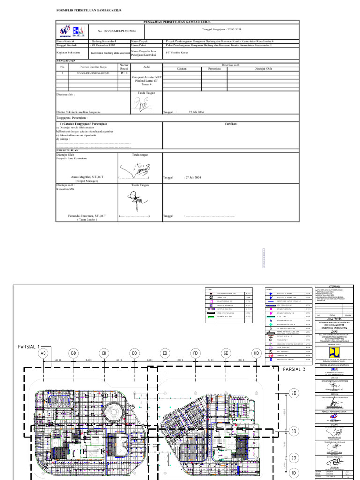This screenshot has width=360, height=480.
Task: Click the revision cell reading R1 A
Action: tap(124, 74)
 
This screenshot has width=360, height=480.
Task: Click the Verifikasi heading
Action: tap(231, 123)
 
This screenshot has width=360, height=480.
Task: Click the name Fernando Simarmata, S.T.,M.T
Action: tap(87, 216)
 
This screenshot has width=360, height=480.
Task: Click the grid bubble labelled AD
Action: tap(44, 352)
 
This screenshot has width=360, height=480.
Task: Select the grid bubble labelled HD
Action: tap(256, 352)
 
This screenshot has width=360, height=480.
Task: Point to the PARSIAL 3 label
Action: tap(294, 369)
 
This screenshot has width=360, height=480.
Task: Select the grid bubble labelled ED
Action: tap(165, 352)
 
